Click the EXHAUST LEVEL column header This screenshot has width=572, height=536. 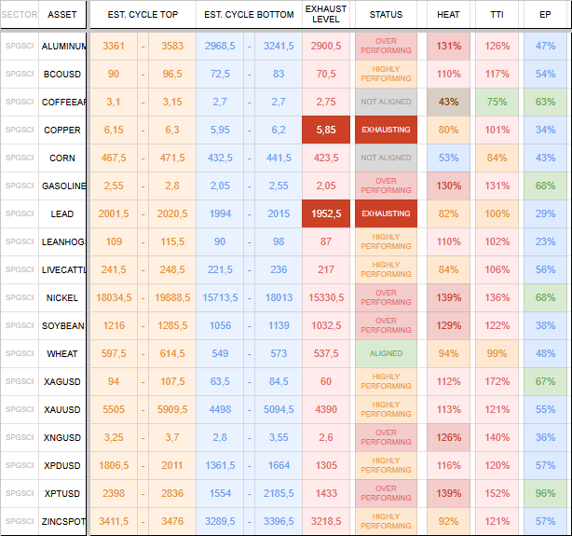(x=326, y=14)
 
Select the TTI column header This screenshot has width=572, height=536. (x=497, y=15)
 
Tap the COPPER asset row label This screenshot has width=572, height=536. (x=62, y=130)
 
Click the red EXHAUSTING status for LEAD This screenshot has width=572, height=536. (x=386, y=213)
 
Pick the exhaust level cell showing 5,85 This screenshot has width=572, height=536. (x=326, y=130)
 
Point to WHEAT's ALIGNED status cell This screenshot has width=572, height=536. (x=386, y=353)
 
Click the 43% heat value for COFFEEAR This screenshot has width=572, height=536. (x=448, y=102)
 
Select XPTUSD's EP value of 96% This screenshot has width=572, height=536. (x=545, y=493)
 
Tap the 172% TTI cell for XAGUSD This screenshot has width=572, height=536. (x=497, y=381)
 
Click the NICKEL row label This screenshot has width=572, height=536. (x=62, y=298)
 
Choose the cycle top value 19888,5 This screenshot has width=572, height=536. (x=172, y=297)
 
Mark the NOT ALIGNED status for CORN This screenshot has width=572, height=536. (x=386, y=158)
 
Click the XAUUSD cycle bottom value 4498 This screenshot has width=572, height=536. (x=220, y=409)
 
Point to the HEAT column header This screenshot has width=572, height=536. (x=448, y=15)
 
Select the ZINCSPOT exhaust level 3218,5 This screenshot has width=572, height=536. (x=326, y=521)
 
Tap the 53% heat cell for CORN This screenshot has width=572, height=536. (x=448, y=158)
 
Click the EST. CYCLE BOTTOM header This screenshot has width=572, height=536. (x=249, y=15)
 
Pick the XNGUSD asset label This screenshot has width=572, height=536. (x=62, y=437)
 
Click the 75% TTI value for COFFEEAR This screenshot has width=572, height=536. (x=497, y=102)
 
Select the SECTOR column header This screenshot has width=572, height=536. (x=20, y=15)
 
